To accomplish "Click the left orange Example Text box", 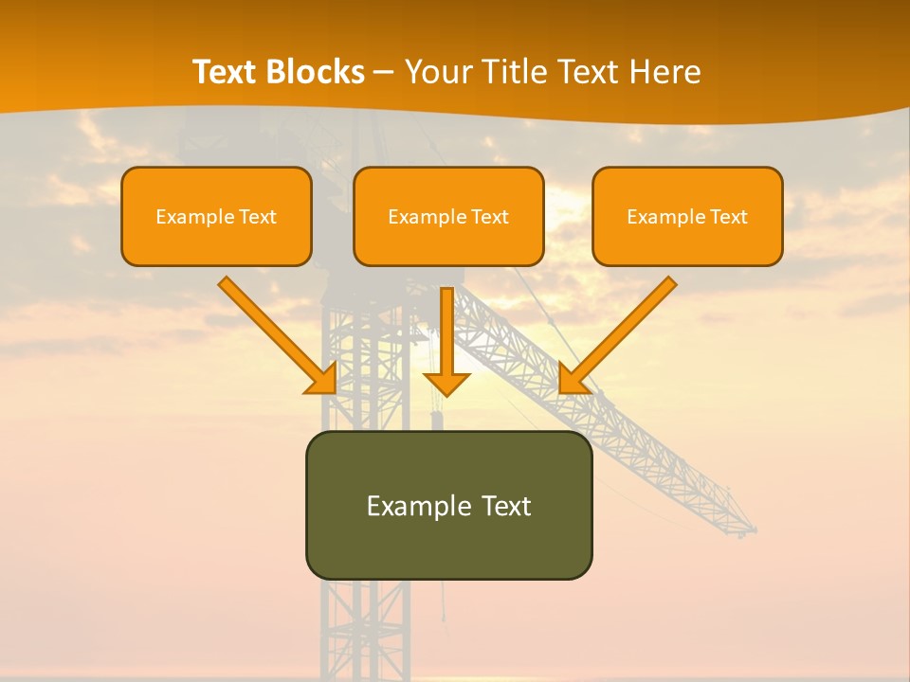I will click(216, 216).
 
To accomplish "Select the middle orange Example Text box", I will click(448, 216).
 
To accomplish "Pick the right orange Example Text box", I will click(687, 216).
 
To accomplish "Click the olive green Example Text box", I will click(448, 505).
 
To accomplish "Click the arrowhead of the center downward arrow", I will click(446, 384).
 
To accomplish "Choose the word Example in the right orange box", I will click(660, 217).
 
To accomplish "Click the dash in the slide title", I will click(385, 73).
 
